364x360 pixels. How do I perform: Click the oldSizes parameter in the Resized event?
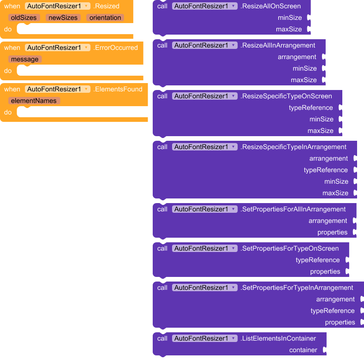[x=24, y=18]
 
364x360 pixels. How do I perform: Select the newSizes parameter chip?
[x=63, y=18]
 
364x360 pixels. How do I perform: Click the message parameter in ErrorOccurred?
[x=25, y=59]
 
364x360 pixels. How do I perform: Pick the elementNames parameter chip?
[x=34, y=101]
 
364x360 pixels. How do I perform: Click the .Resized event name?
[x=107, y=6]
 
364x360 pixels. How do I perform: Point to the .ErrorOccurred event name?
[x=116, y=48]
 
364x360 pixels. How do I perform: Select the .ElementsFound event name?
[x=118, y=89]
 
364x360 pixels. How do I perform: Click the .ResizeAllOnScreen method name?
[x=271, y=6]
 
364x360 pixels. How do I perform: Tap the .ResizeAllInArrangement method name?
[x=278, y=45]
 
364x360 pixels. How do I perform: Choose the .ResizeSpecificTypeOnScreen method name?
[x=286, y=96]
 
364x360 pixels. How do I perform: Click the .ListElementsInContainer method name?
[x=278, y=338]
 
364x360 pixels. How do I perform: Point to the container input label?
[x=303, y=350]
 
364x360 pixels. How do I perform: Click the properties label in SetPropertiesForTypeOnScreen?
[x=325, y=271]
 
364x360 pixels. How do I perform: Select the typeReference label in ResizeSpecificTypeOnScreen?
[x=311, y=108]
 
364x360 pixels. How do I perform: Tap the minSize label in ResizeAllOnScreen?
[x=290, y=18]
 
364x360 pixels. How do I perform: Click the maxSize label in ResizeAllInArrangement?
[x=304, y=80]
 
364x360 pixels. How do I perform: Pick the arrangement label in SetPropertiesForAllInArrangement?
[x=328, y=221]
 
